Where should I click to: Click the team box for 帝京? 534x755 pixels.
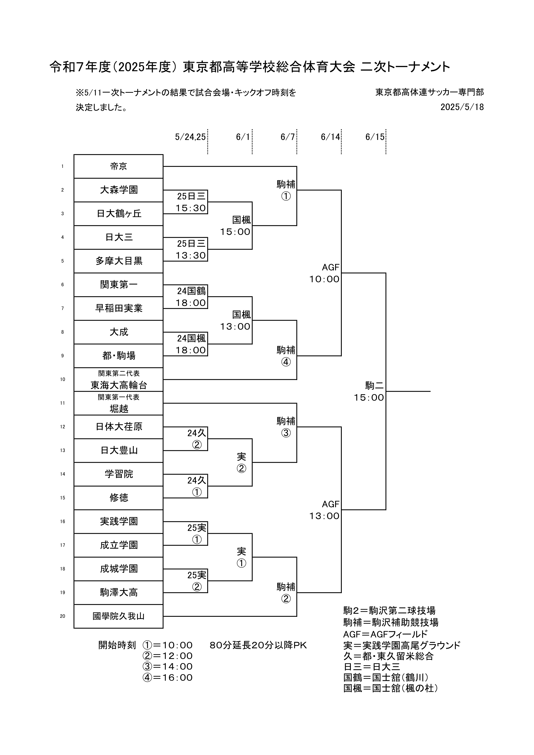tap(118, 166)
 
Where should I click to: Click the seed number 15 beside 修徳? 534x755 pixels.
tap(62, 498)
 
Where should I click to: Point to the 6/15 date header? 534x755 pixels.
tap(375, 137)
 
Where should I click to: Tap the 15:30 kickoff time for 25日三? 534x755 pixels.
tap(191, 208)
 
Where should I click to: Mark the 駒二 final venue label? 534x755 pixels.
tap(374, 385)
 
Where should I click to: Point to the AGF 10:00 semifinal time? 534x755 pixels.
tap(324, 279)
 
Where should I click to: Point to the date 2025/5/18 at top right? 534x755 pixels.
tap(462, 107)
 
